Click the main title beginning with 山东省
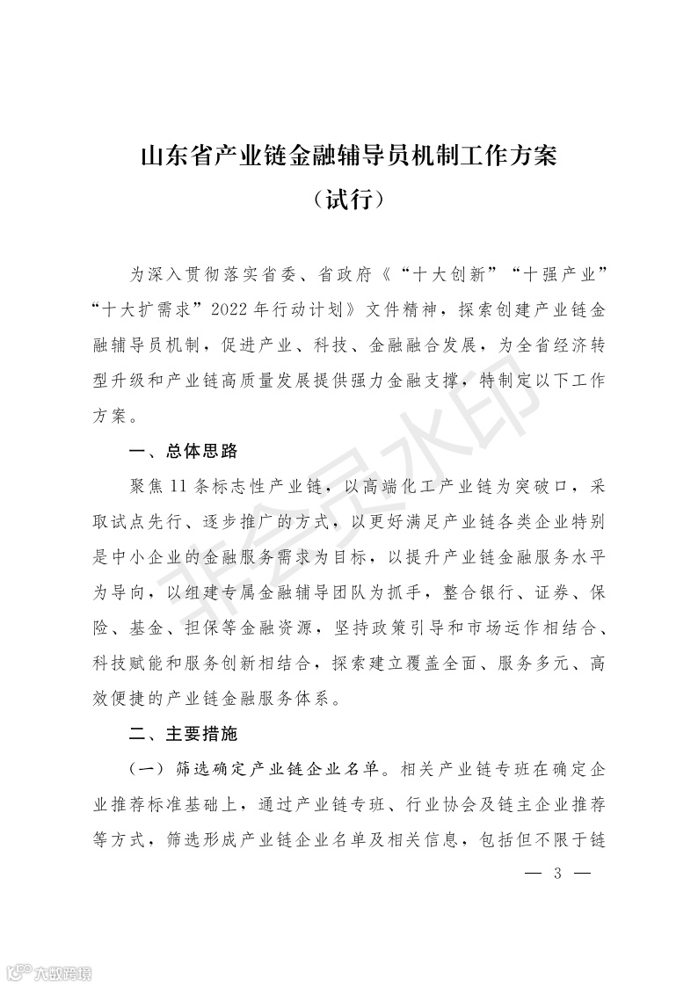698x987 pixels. pyautogui.click(x=349, y=158)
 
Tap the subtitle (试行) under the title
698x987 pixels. pyautogui.click(x=349, y=201)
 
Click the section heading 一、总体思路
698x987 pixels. pyautogui.click(x=184, y=453)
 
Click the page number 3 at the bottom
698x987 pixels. pyautogui.click(x=557, y=874)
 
